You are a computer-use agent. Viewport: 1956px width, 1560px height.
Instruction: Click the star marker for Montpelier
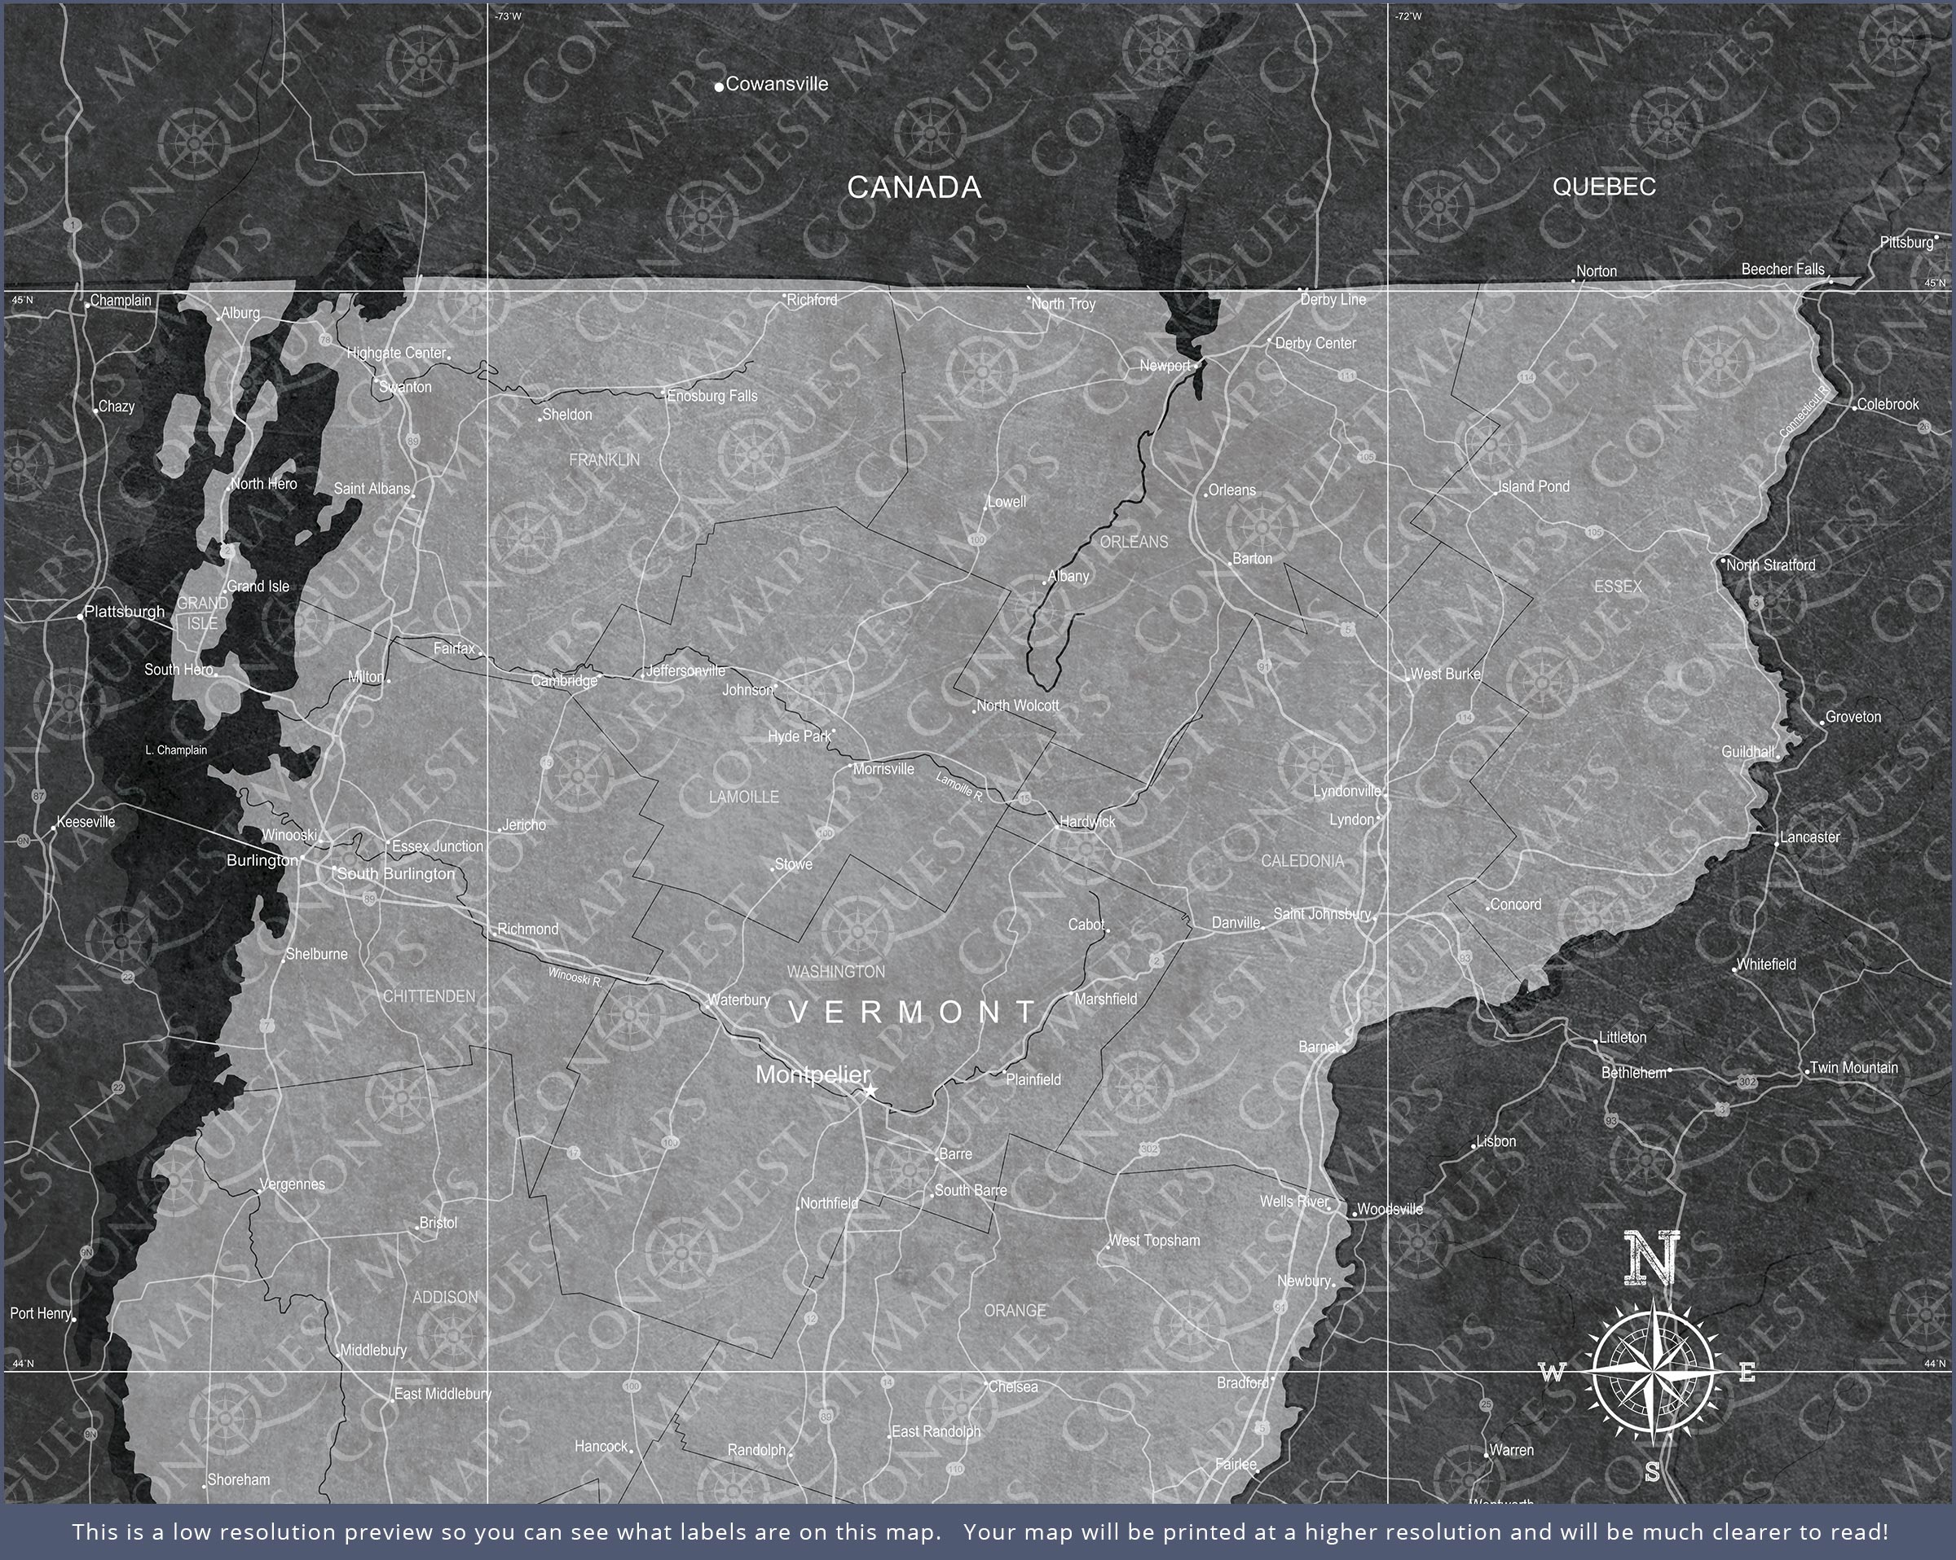point(871,1090)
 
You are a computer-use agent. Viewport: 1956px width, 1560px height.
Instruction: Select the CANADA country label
point(914,187)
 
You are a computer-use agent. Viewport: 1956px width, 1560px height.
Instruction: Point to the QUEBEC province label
point(1604,186)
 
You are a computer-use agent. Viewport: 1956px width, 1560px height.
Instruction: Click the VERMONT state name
point(913,1011)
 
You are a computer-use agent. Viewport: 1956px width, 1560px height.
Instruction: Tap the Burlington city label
point(262,859)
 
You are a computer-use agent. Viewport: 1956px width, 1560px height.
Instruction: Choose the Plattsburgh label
point(125,611)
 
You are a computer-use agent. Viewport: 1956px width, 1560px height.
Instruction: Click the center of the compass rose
point(1653,1374)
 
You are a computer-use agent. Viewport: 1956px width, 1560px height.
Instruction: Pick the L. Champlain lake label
point(176,750)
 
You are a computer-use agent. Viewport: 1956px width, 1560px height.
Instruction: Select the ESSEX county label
point(1618,587)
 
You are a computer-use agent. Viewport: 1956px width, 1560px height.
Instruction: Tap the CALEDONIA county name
point(1302,861)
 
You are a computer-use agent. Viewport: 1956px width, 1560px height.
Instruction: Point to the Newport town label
point(1165,366)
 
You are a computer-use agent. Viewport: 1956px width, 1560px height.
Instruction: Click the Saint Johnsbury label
point(1322,913)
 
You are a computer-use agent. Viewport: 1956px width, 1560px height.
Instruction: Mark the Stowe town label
point(794,864)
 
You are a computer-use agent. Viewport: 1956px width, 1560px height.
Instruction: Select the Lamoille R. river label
point(959,786)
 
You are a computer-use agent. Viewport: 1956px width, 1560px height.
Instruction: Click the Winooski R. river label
point(575,976)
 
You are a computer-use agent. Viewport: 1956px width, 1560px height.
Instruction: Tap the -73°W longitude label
point(508,16)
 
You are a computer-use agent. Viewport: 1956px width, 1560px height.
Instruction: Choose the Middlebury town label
point(373,1351)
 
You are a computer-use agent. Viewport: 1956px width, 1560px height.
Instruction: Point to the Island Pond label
point(1533,486)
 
